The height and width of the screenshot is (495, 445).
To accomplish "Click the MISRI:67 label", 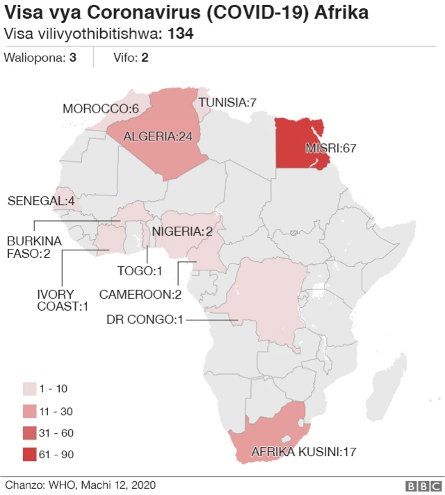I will coord(331,149).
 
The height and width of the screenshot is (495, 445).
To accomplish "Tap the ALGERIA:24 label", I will coord(158,136).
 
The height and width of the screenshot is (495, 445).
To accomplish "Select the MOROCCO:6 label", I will coord(101,108).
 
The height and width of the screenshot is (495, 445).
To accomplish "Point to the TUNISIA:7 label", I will coord(228,102).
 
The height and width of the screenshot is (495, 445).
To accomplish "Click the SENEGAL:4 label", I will coord(41,201).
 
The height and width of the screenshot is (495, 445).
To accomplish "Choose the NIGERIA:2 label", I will coord(182,231).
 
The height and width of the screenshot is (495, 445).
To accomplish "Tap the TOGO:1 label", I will coord(140,270).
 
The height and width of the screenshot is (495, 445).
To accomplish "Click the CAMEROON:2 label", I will coord(140,294).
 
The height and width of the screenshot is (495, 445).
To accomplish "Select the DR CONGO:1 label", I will coord(145,319).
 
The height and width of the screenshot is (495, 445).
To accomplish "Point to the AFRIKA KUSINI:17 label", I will coord(304,452).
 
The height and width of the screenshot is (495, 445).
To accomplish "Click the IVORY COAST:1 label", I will coord(63,300).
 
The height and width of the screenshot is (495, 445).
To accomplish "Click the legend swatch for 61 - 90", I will coord(30,455).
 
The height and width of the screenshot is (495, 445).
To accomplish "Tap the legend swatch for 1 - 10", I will coord(30,389).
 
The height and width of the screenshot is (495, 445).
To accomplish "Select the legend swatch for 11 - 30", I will coord(30,411).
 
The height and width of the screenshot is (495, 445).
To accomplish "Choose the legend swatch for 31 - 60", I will coord(30,433).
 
